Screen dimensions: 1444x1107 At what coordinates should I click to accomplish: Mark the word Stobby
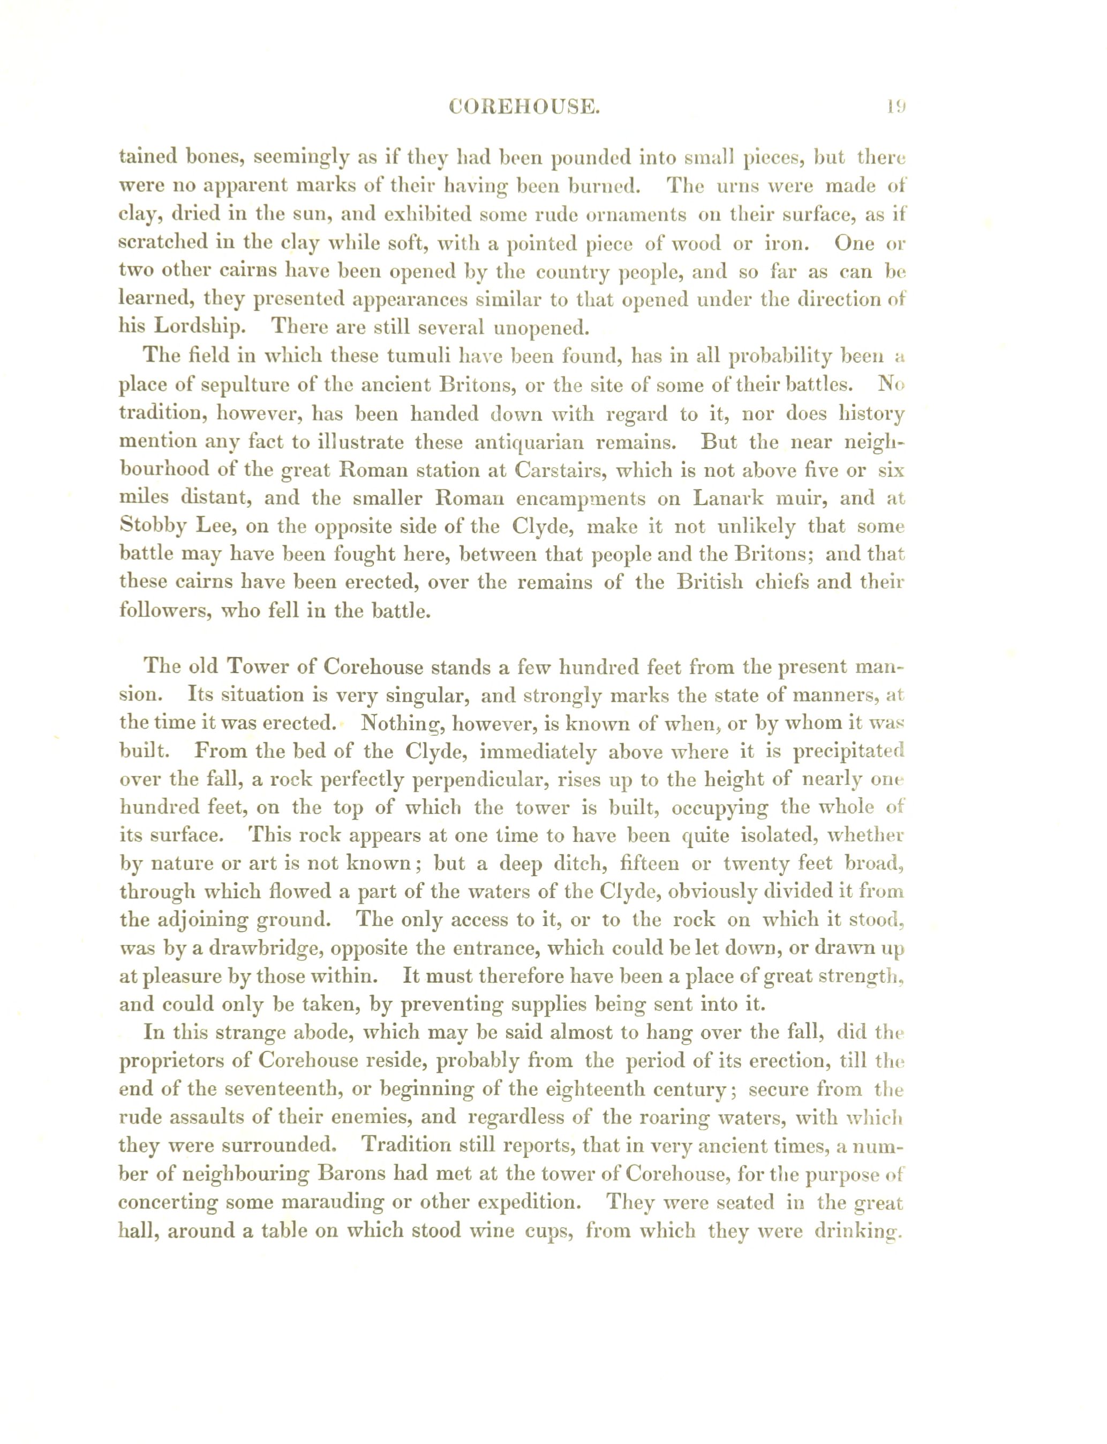click(150, 527)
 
